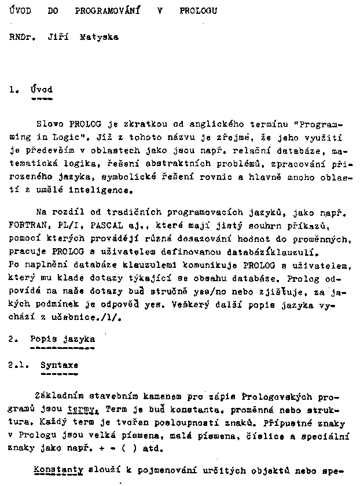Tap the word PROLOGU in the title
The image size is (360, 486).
click(199, 10)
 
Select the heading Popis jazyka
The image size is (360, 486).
click(62, 339)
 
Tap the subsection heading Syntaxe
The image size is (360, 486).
click(59, 366)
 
